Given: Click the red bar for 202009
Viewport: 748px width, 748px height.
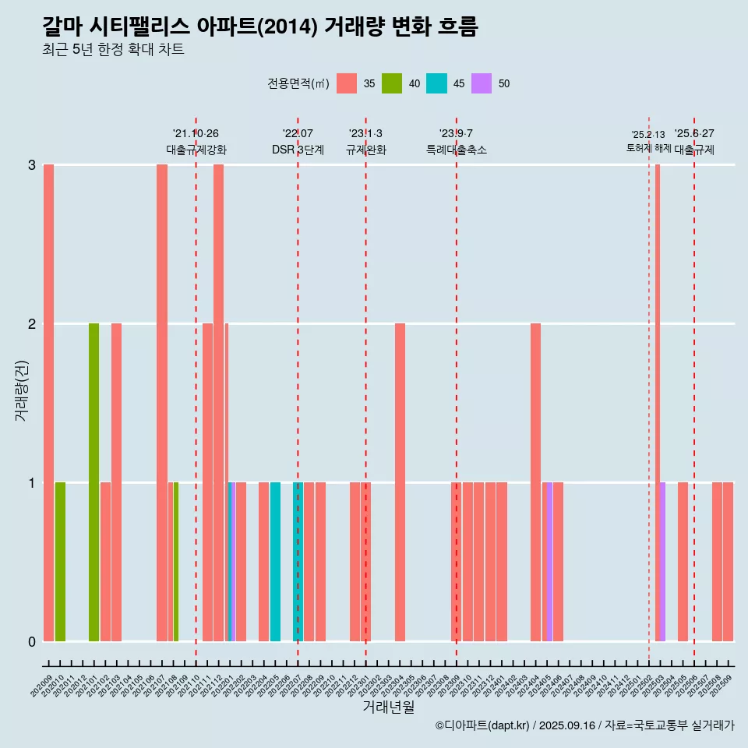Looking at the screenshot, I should [48, 403].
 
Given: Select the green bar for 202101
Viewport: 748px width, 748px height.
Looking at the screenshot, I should [93, 482].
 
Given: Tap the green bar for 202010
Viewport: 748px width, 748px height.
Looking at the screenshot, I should [60, 562].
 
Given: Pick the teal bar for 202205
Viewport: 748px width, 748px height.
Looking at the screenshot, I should [275, 562].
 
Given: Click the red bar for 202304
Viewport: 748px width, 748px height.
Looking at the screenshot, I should [400, 482].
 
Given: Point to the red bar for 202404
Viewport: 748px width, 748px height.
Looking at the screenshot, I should [535, 482].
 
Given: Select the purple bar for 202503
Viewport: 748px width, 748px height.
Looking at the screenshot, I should [662, 562].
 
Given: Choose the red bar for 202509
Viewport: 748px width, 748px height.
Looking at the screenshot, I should [728, 562].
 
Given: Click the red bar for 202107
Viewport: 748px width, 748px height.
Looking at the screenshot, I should [162, 403].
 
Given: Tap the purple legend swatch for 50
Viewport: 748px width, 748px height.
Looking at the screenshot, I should [482, 83].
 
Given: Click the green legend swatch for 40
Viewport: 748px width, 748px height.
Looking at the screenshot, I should [392, 83].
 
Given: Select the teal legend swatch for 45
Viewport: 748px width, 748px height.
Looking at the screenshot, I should [436, 83].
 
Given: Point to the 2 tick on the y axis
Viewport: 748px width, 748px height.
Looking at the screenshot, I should [32, 323].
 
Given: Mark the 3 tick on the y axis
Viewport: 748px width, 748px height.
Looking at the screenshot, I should [32, 164].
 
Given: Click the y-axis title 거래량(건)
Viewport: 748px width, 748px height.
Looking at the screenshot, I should [21, 389].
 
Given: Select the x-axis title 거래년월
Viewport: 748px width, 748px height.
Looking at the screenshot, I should [388, 707].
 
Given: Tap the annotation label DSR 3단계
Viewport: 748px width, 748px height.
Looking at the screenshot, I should [298, 150].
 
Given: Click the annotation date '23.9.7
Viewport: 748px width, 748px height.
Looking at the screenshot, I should [456, 133].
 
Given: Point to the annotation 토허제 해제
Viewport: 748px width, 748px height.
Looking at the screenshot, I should [648, 147].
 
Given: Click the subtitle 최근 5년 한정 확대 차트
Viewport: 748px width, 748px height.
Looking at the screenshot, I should [113, 50].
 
